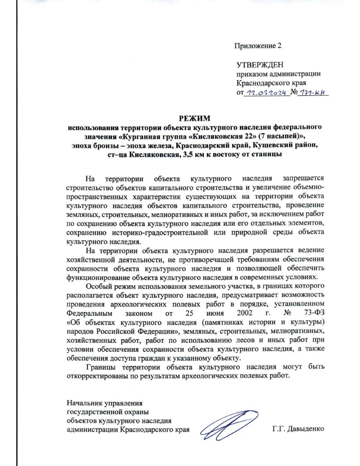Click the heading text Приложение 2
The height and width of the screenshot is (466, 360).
tap(258, 46)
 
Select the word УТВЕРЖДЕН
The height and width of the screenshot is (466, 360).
tap(260, 65)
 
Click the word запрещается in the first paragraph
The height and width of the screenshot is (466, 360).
tap(303, 179)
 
